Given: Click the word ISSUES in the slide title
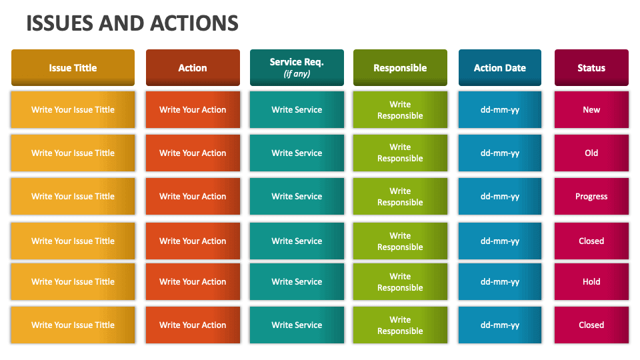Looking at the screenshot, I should tap(59, 23).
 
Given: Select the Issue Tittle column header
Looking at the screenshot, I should tap(73, 68).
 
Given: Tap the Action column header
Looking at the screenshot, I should tap(193, 68).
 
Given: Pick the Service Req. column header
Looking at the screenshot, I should tap(297, 62).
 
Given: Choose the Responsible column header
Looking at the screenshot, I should tap(400, 68).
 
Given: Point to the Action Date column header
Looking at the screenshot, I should tap(499, 68).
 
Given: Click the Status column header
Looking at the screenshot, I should tap(591, 68).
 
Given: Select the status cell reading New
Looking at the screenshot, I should tap(591, 110).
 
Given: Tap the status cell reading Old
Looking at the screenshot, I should tap(591, 153).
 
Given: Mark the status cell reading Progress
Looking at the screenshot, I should tap(591, 197).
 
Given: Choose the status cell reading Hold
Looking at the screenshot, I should tap(591, 282).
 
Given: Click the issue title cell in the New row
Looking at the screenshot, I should tap(73, 110).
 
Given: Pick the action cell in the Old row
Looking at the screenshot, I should tap(193, 153).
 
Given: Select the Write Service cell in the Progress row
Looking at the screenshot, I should tap(297, 197).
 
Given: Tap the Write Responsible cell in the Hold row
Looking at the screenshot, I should tap(400, 282).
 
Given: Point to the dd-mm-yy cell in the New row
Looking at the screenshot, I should tap(499, 110).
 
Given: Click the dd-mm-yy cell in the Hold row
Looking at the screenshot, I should tap(499, 282).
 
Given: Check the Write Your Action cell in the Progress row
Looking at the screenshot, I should tap(193, 197).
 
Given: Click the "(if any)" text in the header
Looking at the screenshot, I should tap(297, 74).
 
